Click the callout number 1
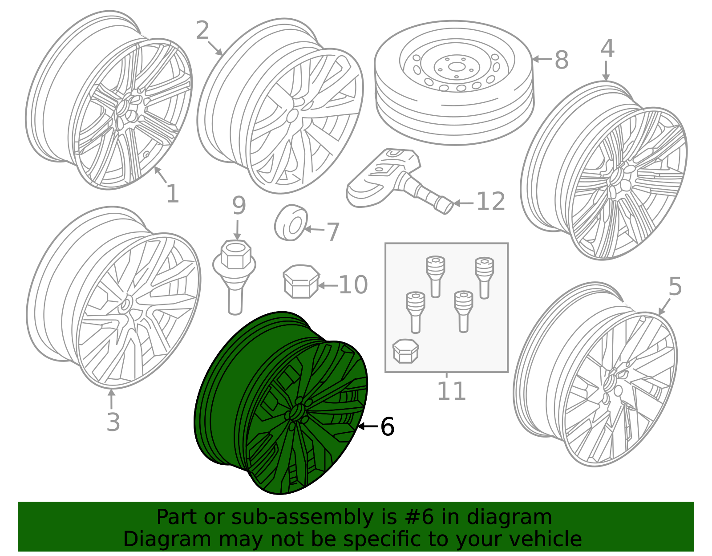(x=173, y=194)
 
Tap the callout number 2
(x=202, y=30)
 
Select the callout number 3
(x=113, y=422)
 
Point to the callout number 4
(x=607, y=49)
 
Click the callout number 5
(x=675, y=286)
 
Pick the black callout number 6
(x=387, y=426)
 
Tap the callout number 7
(x=333, y=232)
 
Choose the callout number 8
(x=562, y=60)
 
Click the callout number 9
(x=239, y=205)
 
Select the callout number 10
(x=353, y=285)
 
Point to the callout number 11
(x=452, y=391)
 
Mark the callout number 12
(x=490, y=201)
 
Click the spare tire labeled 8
(x=454, y=82)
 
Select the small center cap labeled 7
(x=291, y=223)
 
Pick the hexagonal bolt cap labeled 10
(x=301, y=281)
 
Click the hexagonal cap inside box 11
(x=406, y=351)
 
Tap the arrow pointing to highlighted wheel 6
(x=368, y=426)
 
